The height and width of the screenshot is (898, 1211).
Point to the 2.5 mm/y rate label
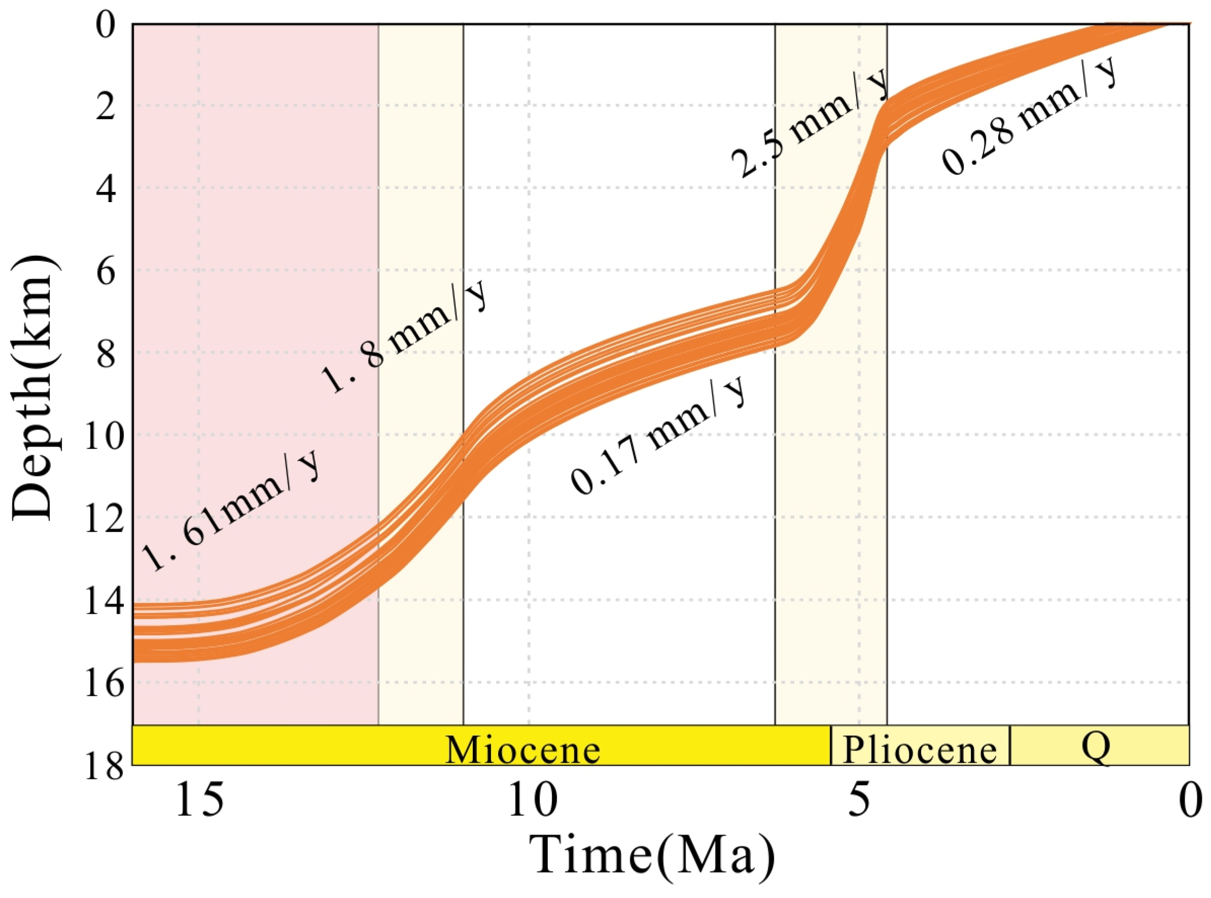[x=810, y=125]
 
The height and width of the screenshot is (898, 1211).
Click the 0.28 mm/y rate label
[x=1028, y=117]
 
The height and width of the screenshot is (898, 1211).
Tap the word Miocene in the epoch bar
[x=522, y=750]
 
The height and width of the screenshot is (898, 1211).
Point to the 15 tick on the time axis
[x=199, y=802]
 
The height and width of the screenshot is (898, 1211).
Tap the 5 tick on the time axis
[x=859, y=802]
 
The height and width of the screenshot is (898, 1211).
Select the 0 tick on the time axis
[x=1190, y=802]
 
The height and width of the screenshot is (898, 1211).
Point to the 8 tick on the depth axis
[x=104, y=354]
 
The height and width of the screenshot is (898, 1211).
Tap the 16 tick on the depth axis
[x=104, y=683]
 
